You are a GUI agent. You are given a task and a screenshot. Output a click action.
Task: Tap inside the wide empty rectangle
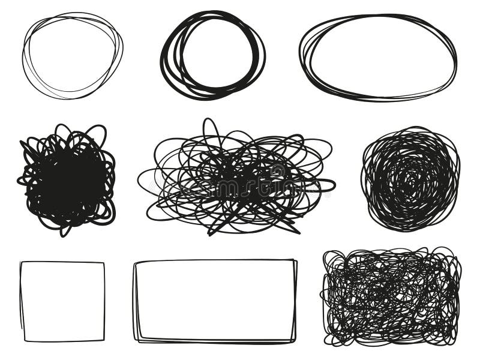[215, 301]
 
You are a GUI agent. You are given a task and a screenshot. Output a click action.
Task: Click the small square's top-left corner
[21, 262]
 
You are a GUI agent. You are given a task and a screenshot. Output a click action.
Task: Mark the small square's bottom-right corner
[104, 340]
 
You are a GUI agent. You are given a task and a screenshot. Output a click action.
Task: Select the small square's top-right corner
[104, 263]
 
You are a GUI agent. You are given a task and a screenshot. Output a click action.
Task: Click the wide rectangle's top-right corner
[295, 260]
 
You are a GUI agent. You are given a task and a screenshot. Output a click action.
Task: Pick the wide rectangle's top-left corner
[136, 262]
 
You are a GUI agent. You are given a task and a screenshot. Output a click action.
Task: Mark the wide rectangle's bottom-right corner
[293, 341]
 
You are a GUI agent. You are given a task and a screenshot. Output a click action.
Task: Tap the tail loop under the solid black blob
[62, 229]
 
